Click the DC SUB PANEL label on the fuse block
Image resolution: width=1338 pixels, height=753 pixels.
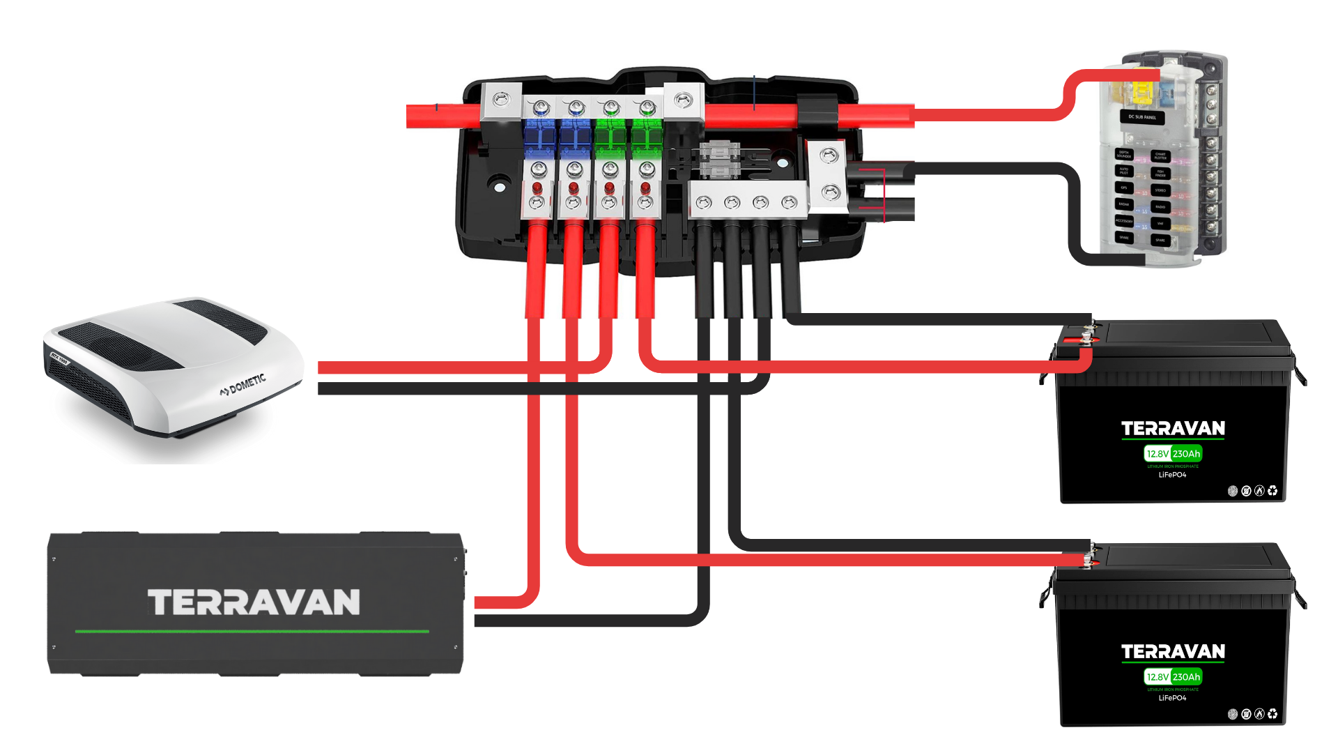click(x=1142, y=117)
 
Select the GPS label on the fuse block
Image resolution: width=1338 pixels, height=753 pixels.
click(x=1123, y=188)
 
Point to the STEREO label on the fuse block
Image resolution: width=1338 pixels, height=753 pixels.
click(x=1160, y=190)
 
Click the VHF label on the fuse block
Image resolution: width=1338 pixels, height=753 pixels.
click(x=1160, y=224)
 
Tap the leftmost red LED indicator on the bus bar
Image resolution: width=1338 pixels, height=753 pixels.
click(x=537, y=188)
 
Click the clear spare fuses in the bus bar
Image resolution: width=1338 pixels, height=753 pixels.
click(x=718, y=160)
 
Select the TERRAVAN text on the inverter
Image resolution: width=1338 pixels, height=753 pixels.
click(x=254, y=602)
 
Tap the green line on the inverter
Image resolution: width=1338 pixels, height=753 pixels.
click(x=252, y=631)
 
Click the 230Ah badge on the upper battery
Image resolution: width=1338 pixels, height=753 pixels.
click(x=1186, y=454)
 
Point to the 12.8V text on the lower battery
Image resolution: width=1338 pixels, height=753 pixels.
click(x=1158, y=677)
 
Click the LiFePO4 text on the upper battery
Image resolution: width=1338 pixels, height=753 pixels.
click(x=1172, y=475)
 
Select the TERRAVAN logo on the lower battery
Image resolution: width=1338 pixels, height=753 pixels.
click(x=1173, y=651)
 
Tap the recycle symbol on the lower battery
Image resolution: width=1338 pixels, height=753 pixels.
click(x=1272, y=714)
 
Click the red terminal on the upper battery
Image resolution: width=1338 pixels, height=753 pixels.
click(x=1086, y=340)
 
